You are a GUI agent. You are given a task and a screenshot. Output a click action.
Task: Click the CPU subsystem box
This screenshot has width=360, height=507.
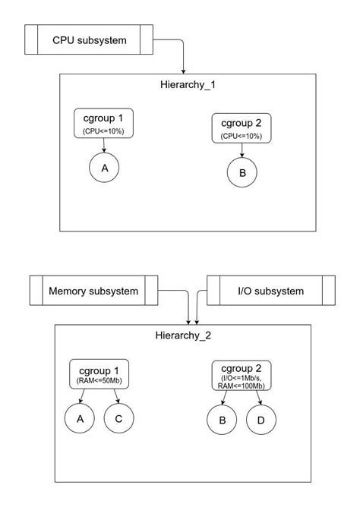tap(89, 40)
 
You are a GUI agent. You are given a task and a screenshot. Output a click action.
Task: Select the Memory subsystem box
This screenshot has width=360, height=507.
tap(93, 291)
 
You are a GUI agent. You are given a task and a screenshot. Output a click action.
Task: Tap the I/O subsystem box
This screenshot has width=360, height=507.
tap(270, 291)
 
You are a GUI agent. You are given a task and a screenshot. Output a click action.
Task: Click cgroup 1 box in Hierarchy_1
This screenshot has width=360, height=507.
tap(104, 124)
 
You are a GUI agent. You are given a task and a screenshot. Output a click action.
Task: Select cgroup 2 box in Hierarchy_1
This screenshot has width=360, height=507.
tap(242, 127)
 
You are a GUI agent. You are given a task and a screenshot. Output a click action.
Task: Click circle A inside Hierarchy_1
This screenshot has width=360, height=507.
tap(104, 168)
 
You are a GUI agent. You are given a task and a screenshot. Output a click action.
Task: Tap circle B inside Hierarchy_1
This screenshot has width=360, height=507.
tap(242, 173)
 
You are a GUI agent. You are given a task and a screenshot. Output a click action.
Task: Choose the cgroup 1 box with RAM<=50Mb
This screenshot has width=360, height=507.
tap(99, 374)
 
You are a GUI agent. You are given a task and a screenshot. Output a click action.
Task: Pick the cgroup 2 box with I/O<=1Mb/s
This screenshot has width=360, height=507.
tap(241, 375)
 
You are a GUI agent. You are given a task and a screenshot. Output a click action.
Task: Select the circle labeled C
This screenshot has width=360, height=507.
tap(118, 418)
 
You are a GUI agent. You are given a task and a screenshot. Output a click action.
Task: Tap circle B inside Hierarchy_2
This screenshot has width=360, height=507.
tap(222, 420)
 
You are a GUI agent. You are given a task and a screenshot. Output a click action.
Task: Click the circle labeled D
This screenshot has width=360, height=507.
tap(261, 420)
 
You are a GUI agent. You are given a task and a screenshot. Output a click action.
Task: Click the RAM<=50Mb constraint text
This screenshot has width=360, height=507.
tap(99, 380)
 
